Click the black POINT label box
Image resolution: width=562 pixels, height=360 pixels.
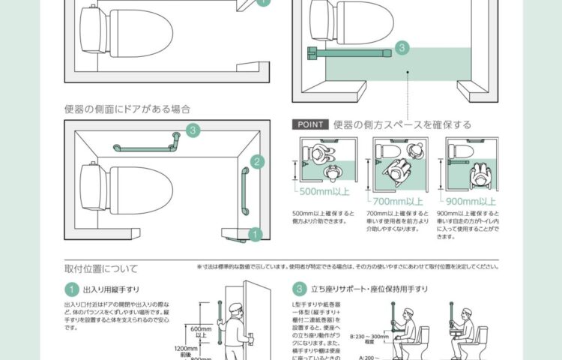[x=309, y=124]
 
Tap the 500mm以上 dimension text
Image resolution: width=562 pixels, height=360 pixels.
[x=320, y=200]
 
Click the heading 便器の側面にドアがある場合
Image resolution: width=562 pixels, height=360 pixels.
[x=127, y=109]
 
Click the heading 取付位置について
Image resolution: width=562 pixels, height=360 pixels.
[x=101, y=268]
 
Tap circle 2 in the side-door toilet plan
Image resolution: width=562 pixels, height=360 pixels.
[x=256, y=161]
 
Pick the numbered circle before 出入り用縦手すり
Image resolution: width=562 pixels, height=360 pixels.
[x=71, y=289]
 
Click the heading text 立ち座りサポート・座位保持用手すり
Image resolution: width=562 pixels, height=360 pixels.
[x=365, y=289]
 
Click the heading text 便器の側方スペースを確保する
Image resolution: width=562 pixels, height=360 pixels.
[x=402, y=124]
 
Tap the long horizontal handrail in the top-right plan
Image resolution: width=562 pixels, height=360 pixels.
[x=352, y=51]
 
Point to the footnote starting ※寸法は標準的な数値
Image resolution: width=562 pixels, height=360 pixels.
[x=348, y=266]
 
